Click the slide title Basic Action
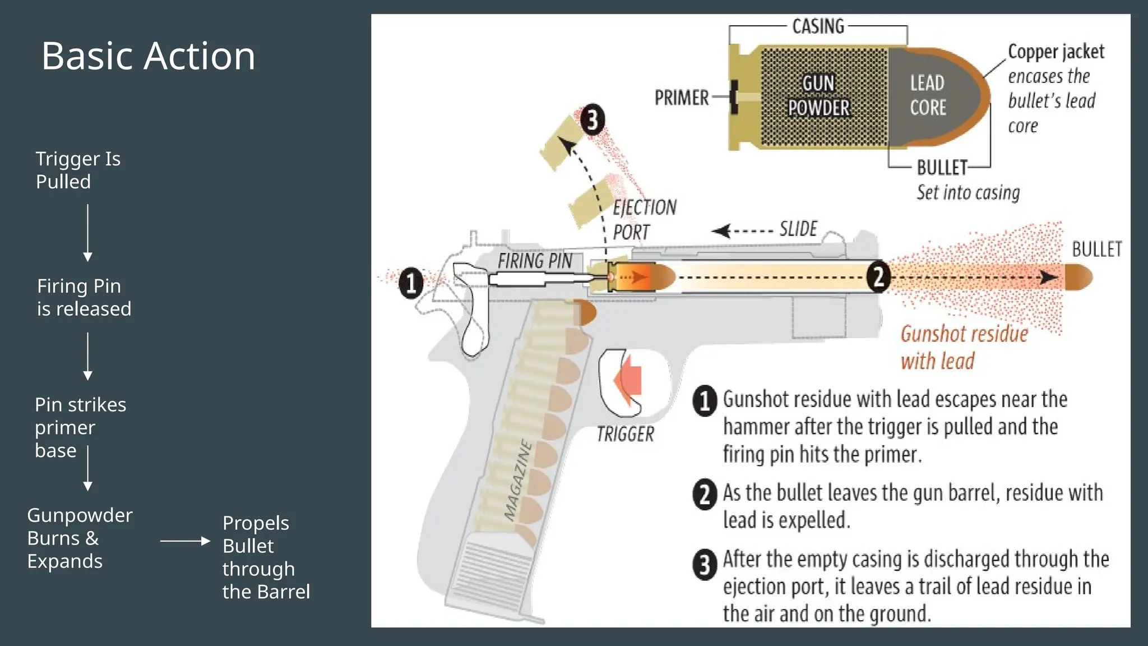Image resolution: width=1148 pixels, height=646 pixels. (148, 56)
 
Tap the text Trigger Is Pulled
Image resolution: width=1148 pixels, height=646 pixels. (78, 170)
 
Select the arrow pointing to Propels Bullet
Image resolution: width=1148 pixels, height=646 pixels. (185, 541)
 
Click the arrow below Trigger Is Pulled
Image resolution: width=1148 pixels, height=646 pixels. (87, 233)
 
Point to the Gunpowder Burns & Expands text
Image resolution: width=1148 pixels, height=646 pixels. (79, 538)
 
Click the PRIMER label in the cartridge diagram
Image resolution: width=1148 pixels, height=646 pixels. (682, 98)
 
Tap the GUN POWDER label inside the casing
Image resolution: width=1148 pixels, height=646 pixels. (818, 95)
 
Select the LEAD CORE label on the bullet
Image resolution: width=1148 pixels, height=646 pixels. (928, 95)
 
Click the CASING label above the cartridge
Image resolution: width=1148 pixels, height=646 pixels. (818, 26)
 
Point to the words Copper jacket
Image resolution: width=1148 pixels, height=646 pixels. (1056, 52)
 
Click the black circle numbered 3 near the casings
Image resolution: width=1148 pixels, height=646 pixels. (592, 120)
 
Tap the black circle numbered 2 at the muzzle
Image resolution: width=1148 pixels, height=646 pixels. (878, 276)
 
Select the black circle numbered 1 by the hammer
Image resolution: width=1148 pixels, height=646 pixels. (411, 283)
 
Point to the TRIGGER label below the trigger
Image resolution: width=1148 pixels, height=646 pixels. (625, 434)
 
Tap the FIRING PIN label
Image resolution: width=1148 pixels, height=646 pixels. (535, 261)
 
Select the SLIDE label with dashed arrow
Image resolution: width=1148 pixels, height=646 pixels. (798, 229)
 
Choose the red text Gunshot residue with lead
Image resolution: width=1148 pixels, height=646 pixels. (964, 347)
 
